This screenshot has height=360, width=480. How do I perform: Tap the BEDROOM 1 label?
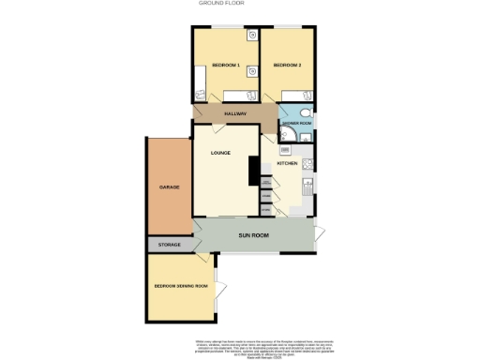(x=226, y=65)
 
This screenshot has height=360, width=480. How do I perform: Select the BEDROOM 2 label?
(x=287, y=65)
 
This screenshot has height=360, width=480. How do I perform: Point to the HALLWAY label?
(x=235, y=113)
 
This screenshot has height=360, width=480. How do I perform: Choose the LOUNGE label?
(x=220, y=153)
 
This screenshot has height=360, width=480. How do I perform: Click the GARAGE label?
(x=169, y=187)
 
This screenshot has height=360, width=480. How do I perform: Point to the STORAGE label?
(x=170, y=245)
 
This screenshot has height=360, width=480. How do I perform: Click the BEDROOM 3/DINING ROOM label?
(x=181, y=285)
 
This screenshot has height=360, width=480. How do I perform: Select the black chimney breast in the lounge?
(x=253, y=170)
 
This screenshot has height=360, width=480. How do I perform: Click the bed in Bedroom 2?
(x=297, y=94)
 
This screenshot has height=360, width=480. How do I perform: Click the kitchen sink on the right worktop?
(x=308, y=192)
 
